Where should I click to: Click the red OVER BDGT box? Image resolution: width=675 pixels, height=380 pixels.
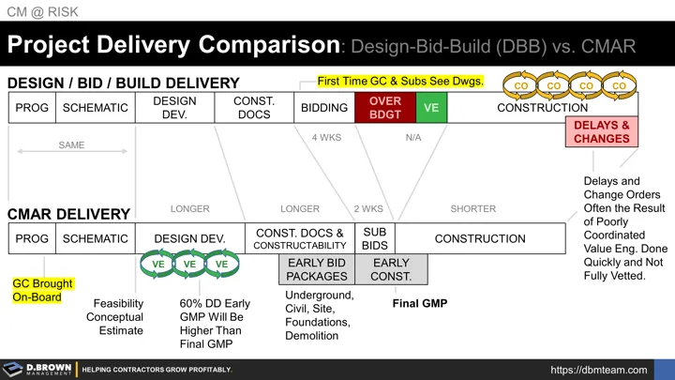[x=384, y=108]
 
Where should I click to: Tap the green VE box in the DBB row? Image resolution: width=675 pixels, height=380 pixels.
[x=431, y=108]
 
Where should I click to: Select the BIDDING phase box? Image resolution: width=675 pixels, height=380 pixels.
[x=323, y=108]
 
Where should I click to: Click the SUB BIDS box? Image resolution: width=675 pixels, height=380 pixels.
[x=374, y=238]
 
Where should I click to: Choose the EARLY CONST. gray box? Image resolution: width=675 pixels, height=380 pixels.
[x=391, y=269]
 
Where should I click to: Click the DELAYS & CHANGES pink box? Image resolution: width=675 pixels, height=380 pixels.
[x=601, y=132]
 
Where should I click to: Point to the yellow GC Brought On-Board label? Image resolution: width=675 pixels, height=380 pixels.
[x=42, y=290]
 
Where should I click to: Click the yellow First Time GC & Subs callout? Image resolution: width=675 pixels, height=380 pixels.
[x=400, y=82]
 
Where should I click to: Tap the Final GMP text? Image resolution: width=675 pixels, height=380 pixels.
[x=419, y=303]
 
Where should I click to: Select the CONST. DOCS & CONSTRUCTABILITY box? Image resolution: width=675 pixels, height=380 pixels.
[x=300, y=238]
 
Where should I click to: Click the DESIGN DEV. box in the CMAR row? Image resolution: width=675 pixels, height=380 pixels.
[x=189, y=238]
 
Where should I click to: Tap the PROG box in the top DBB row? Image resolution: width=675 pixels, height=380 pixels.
[x=31, y=108]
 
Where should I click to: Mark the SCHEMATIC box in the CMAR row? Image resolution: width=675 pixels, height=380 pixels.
[x=95, y=238]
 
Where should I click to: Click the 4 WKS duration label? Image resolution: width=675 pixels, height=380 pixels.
[x=327, y=137]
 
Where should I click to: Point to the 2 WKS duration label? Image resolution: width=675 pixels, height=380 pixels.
[x=369, y=208]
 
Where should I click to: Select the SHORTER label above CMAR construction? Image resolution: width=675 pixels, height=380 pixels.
[x=473, y=208]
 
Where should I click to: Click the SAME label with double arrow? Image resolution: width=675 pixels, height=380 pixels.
[x=70, y=145]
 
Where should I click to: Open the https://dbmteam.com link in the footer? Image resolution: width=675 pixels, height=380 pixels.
[x=598, y=370]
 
